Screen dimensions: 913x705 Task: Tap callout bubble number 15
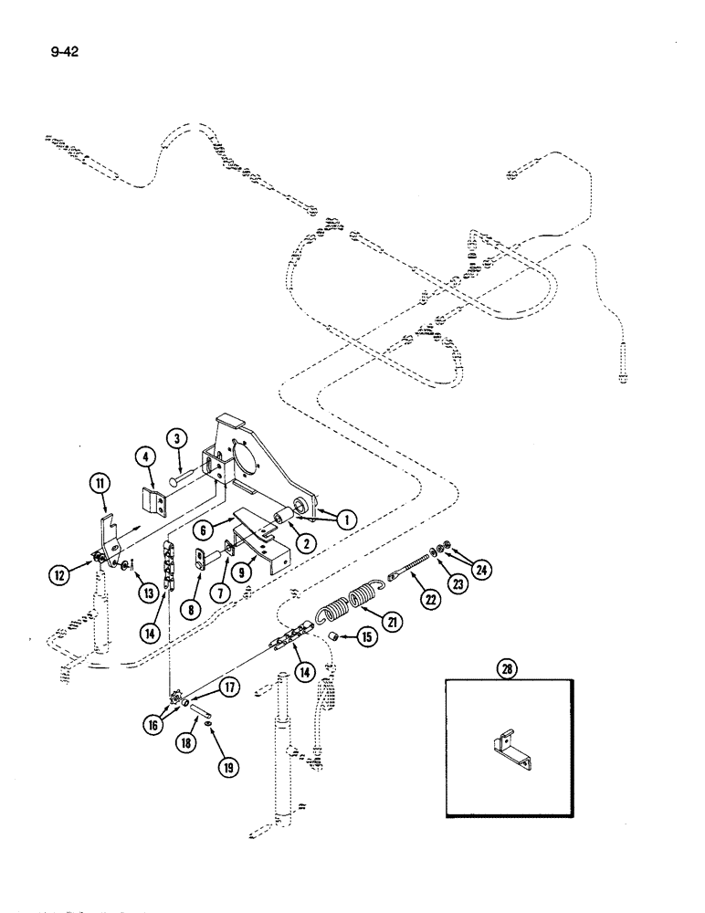[x=366, y=637]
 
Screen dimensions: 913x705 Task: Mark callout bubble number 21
[x=394, y=622]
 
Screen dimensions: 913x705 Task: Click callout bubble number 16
[x=153, y=725]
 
